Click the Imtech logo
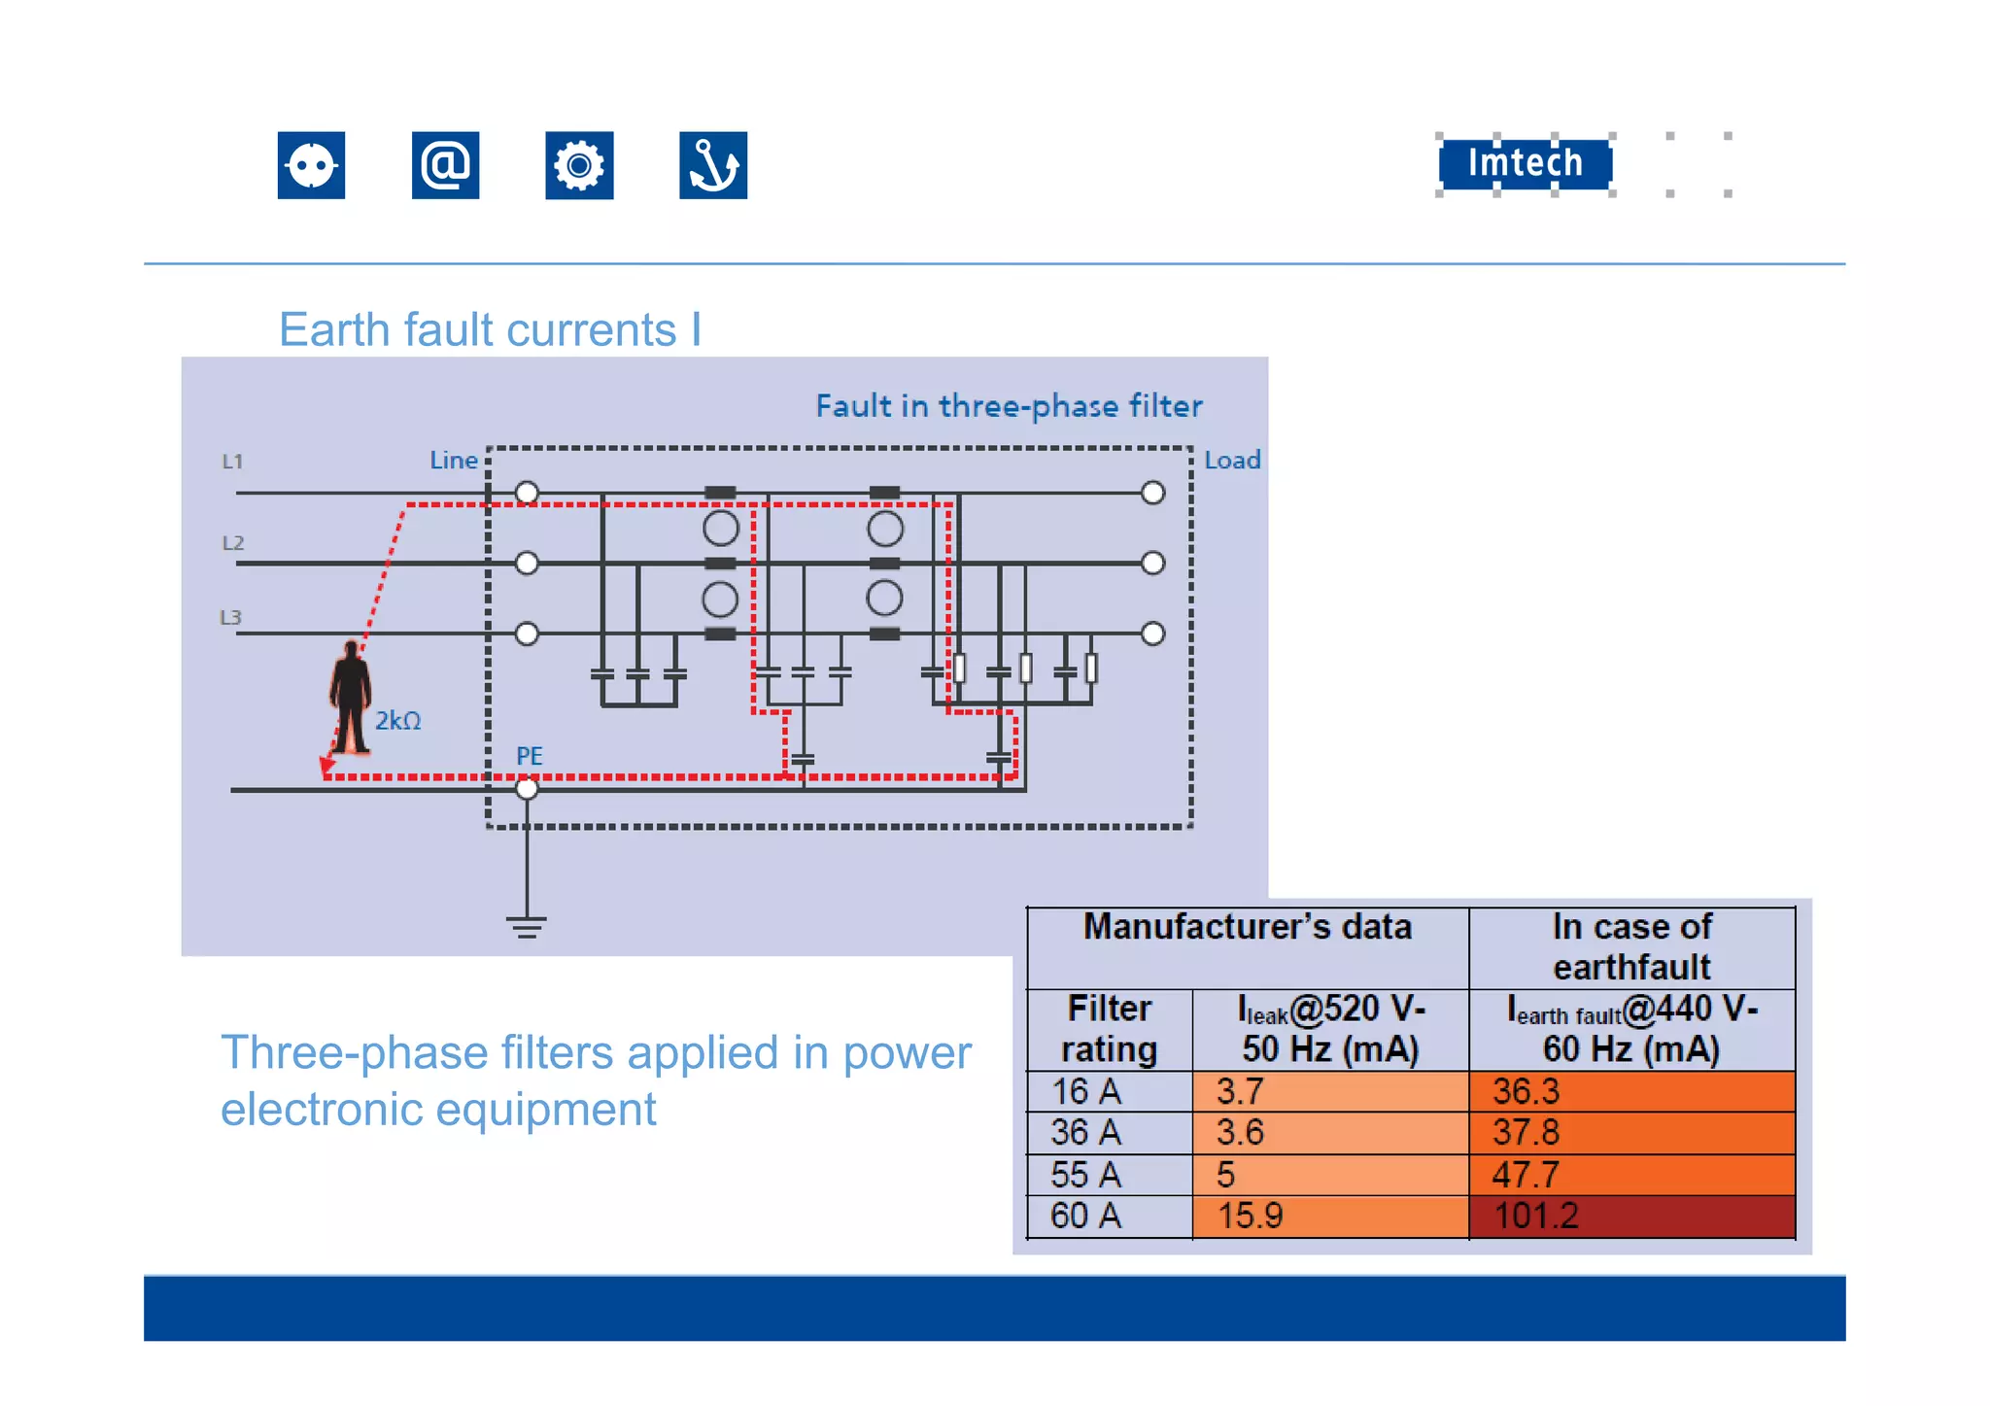point(1525,164)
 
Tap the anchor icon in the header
point(713,165)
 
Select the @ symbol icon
point(445,165)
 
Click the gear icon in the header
point(579,165)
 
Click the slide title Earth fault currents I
point(490,330)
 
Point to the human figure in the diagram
point(350,696)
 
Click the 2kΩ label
point(398,721)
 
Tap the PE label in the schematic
point(530,756)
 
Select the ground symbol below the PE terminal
point(527,926)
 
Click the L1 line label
point(232,462)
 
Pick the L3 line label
point(230,618)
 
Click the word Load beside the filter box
point(1232,461)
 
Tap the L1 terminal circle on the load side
point(1152,493)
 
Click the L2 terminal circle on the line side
point(527,563)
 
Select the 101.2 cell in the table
point(1631,1217)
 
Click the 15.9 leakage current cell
point(1329,1217)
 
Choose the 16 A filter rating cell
point(1110,1092)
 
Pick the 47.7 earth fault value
point(1631,1175)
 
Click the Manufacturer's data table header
point(1248,928)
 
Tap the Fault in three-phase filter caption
point(1009,406)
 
